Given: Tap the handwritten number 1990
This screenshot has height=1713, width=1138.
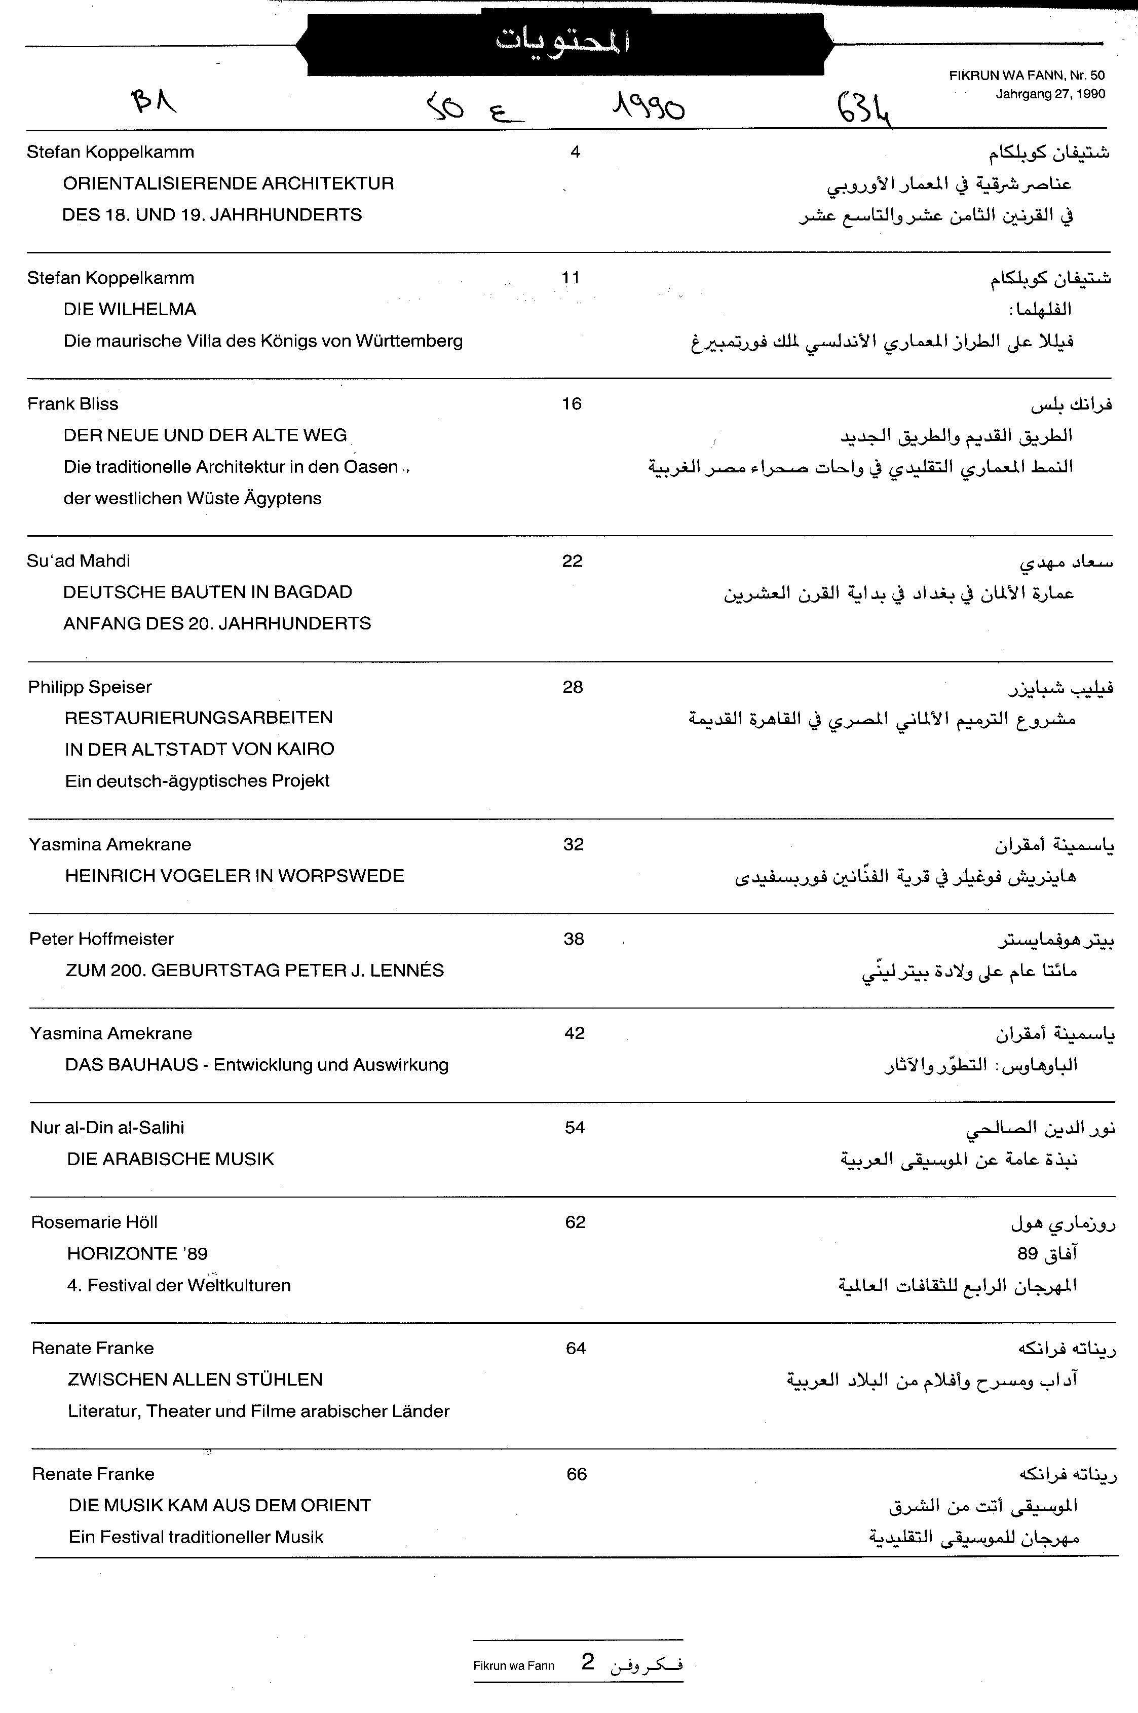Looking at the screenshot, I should [648, 108].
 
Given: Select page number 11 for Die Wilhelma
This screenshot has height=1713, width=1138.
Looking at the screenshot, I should [571, 278].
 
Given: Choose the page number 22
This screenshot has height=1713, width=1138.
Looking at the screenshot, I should [572, 561].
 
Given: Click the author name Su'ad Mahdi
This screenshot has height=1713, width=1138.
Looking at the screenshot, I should [79, 561].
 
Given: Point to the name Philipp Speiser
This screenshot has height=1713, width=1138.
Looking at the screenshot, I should [90, 687].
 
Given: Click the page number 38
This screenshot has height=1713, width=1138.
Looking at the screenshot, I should [574, 939].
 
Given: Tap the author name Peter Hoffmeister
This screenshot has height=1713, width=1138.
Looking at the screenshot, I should [102, 939].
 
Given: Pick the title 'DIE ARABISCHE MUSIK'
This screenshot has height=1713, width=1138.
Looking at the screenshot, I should [171, 1159].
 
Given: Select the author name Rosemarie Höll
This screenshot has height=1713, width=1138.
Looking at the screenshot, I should [94, 1222].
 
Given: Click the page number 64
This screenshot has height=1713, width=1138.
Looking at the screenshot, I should [576, 1349].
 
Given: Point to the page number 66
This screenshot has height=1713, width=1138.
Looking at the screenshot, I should [576, 1474].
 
